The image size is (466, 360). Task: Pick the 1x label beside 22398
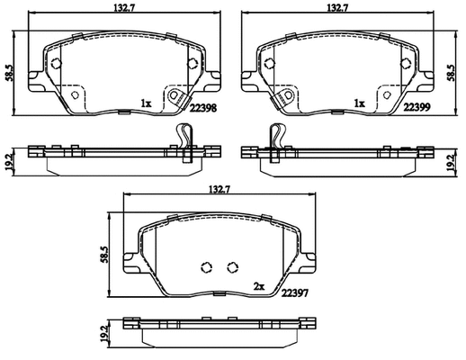145,103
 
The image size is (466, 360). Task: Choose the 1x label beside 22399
358,103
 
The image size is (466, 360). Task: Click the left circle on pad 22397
204,266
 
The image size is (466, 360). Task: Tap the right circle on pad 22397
232,266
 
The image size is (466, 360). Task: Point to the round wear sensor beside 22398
177,95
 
